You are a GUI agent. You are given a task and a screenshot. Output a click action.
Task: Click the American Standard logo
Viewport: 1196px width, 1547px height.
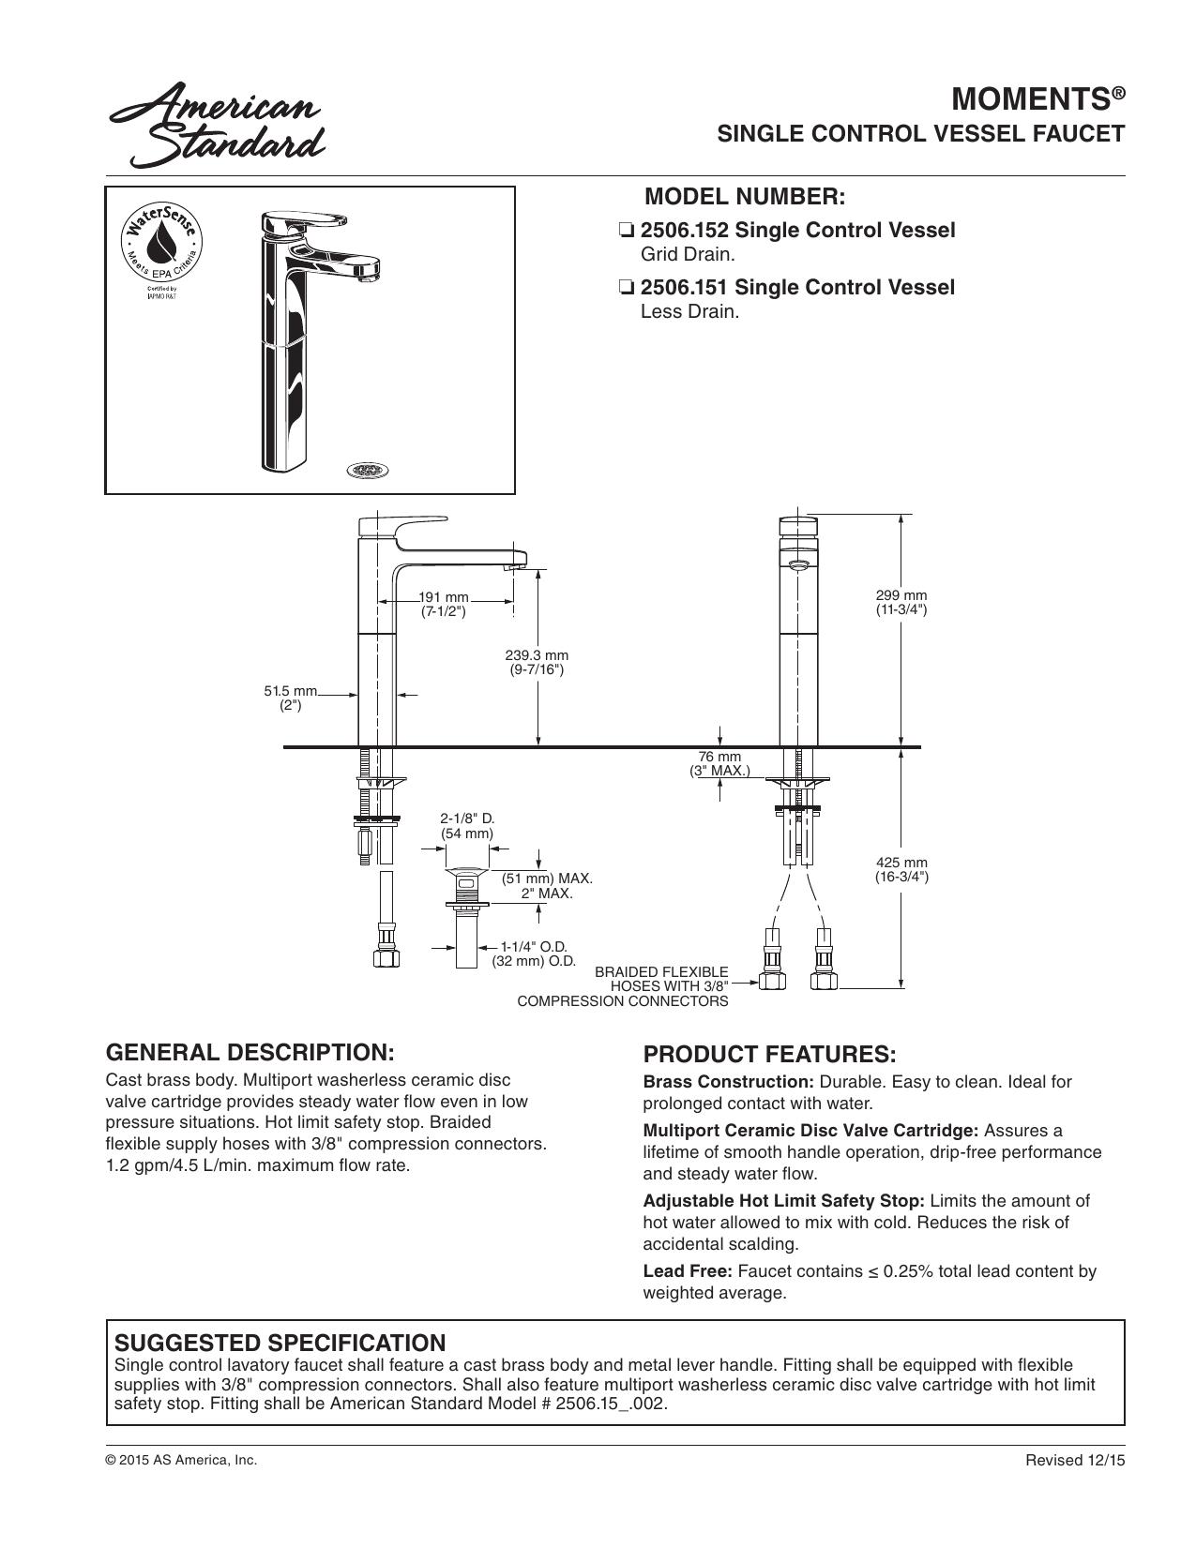(218, 127)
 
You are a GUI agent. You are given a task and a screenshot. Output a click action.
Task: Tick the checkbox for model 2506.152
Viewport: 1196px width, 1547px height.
(627, 231)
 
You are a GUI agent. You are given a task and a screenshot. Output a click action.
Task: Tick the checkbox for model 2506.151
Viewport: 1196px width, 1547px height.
(627, 288)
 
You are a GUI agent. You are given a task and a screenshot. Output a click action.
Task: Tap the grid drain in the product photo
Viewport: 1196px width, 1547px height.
(368, 469)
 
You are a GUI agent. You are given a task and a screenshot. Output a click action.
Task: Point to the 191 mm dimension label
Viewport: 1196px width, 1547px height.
(443, 604)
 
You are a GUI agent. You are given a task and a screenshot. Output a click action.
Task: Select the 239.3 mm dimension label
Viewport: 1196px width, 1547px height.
(537, 662)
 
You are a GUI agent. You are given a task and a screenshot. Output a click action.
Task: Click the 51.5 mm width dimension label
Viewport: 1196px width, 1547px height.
(291, 698)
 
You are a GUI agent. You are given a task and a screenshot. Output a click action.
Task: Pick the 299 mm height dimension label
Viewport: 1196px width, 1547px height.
(901, 602)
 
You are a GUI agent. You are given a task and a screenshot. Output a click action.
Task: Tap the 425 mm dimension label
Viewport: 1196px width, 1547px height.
(901, 870)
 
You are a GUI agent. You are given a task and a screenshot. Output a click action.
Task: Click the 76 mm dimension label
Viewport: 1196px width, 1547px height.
(719, 763)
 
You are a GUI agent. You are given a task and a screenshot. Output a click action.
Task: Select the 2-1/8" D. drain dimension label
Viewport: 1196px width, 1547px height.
(466, 826)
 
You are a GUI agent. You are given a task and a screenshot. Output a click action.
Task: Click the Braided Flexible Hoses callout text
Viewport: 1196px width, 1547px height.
(623, 986)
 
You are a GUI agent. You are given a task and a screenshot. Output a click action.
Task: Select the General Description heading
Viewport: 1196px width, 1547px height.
(250, 1053)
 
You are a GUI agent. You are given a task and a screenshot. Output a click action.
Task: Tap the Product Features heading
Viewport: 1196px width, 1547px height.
(769, 1055)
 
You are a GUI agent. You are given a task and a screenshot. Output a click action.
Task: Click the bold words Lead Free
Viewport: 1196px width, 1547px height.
(688, 1270)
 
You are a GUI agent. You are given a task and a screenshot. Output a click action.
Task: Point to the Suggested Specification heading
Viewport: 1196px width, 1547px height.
(280, 1343)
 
